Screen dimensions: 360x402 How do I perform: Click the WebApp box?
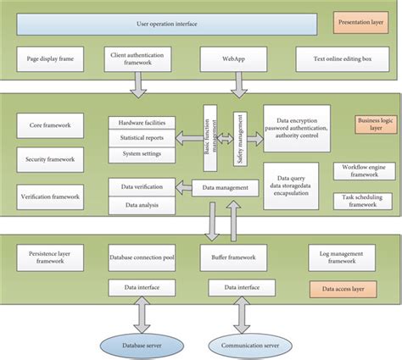pyautogui.click(x=235, y=59)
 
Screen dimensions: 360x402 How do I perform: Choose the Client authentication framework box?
pyautogui.click(x=142, y=59)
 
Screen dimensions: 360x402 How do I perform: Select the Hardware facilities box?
pyautogui.click(x=142, y=123)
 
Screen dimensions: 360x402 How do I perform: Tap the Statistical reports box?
pyautogui.click(x=142, y=137)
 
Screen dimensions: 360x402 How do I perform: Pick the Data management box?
pyautogui.click(x=225, y=187)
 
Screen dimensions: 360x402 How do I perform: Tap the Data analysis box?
pyautogui.click(x=142, y=204)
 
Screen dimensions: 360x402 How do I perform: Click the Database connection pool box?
pyautogui.click(x=142, y=255)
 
